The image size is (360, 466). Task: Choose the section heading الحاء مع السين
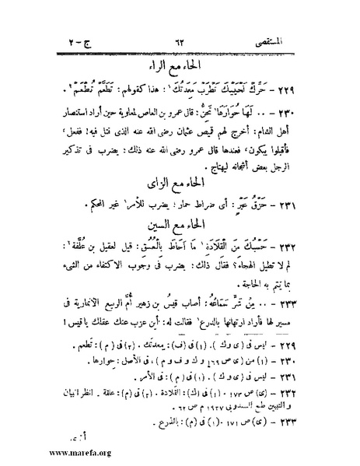[x=183, y=228]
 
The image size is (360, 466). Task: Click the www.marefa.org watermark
[x=47, y=453]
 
